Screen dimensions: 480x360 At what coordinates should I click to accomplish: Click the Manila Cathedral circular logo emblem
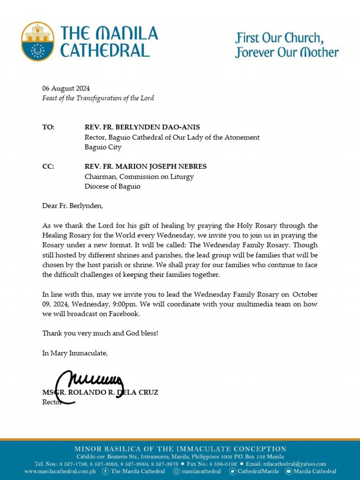pos(37,41)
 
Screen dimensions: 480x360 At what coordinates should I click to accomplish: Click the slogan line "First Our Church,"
pos(279,37)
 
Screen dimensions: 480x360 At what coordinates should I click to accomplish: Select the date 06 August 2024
pos(66,89)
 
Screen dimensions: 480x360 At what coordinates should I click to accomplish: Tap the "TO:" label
pos(48,127)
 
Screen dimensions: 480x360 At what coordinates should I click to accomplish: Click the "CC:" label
pos(48,166)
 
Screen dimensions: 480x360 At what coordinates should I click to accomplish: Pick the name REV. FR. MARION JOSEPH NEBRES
pos(145,166)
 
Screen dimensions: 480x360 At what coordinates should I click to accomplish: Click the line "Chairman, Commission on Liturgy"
pos(139,177)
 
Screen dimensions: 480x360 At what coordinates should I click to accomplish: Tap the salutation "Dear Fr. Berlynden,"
pos(72,205)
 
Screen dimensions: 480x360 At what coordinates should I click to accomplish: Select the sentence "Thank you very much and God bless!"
pos(100,333)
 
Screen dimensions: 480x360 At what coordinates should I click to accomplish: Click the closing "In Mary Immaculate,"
pos(75,353)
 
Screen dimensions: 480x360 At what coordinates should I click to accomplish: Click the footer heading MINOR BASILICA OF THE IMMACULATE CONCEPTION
pos(180,449)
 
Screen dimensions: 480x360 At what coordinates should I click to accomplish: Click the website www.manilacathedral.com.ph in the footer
pos(60,472)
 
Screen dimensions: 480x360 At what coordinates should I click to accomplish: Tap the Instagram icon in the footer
pos(176,472)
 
